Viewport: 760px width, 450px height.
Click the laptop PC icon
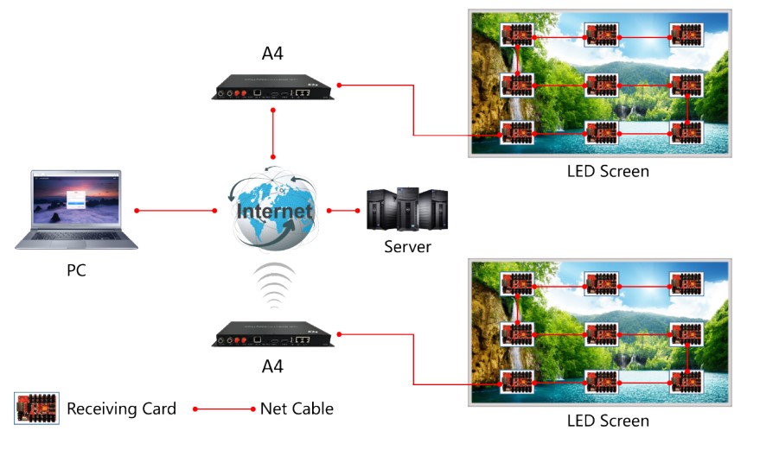(76, 209)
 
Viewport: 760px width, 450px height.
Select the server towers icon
(406, 208)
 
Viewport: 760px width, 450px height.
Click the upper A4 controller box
(272, 88)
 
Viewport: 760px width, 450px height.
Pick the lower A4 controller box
(272, 334)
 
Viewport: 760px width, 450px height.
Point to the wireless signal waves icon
(273, 286)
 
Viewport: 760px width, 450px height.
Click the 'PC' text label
(76, 270)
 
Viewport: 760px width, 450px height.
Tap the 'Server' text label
(407, 247)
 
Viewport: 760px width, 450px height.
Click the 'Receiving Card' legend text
(121, 409)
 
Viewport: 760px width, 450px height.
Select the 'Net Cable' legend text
(297, 409)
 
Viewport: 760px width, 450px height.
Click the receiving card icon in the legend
(39, 408)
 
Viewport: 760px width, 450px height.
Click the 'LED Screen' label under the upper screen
(607, 171)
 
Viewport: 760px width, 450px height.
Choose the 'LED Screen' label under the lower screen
(607, 421)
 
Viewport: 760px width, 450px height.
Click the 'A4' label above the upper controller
(272, 54)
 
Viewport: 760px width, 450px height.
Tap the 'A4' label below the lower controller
(272, 366)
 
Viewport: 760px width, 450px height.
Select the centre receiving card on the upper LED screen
(602, 86)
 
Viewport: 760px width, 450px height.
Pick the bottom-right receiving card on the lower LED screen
(687, 381)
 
